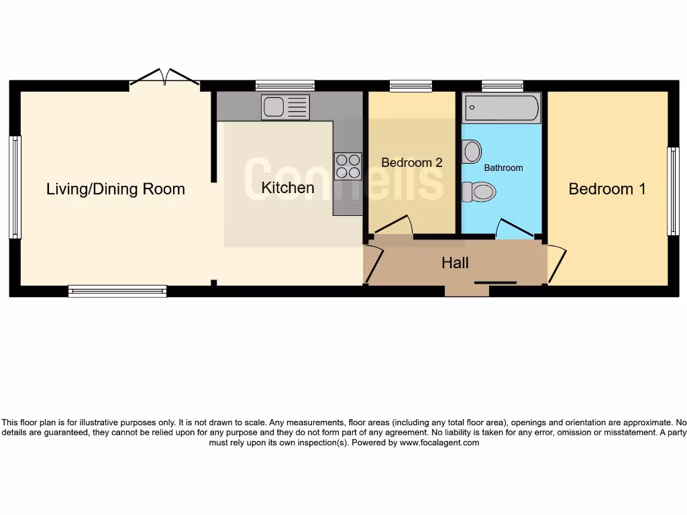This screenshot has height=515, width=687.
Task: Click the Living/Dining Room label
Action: pos(115,189)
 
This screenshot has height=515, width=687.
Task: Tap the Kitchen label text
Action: pos(288,188)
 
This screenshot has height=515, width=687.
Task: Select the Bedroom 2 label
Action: pos(412,162)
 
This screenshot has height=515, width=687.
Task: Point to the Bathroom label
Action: pos(503,168)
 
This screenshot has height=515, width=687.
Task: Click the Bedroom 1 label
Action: pos(607,189)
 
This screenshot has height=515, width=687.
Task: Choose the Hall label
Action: pos(455,263)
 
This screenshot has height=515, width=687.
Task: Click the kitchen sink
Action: pos(286,107)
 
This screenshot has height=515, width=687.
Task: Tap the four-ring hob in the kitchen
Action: pos(348,166)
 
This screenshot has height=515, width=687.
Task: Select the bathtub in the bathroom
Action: pos(502,109)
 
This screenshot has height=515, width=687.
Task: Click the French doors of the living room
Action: pos(164,78)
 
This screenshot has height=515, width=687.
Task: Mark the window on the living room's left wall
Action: pos(15,187)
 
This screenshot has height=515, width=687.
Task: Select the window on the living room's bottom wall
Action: pos(117,291)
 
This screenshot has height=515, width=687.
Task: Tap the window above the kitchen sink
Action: pos(285,85)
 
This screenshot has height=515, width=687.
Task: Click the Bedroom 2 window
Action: pos(411,85)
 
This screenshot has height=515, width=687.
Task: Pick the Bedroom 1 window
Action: pos(672,191)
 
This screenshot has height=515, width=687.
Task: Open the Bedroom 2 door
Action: pos(400,225)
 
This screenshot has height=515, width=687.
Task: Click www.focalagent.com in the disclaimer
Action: pos(439,443)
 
